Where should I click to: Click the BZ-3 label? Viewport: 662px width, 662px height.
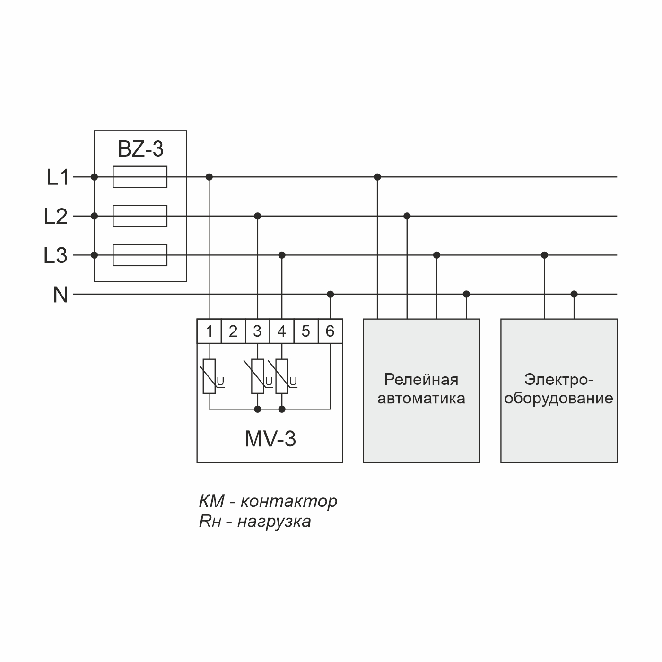tap(140, 149)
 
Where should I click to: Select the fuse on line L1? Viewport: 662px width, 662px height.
tap(140, 177)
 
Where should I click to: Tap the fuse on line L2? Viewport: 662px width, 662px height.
tap(140, 216)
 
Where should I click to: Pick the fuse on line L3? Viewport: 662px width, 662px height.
tap(140, 255)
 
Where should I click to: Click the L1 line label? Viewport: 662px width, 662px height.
tap(58, 178)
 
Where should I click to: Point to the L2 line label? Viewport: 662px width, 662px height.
tap(56, 217)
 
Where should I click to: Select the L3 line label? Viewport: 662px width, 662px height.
tap(56, 256)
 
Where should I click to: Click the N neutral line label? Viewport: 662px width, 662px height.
tap(61, 296)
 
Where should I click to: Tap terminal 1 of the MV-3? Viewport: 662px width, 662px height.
tap(209, 331)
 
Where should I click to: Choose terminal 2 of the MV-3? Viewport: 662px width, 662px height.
tap(233, 331)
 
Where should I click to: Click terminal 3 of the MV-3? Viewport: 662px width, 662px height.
tap(257, 331)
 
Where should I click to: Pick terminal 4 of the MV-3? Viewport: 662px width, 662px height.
tap(282, 331)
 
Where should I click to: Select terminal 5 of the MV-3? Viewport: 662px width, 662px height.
tap(306, 331)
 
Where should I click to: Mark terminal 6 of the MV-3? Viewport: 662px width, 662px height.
tap(330, 331)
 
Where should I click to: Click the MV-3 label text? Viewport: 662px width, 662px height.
tap(270, 439)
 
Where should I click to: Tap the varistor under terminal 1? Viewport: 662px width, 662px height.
tap(209, 376)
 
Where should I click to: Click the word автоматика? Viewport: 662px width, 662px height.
tap(421, 399)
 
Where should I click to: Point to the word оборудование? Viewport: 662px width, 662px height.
tap(558, 399)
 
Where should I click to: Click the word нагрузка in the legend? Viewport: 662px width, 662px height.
tap(274, 522)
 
